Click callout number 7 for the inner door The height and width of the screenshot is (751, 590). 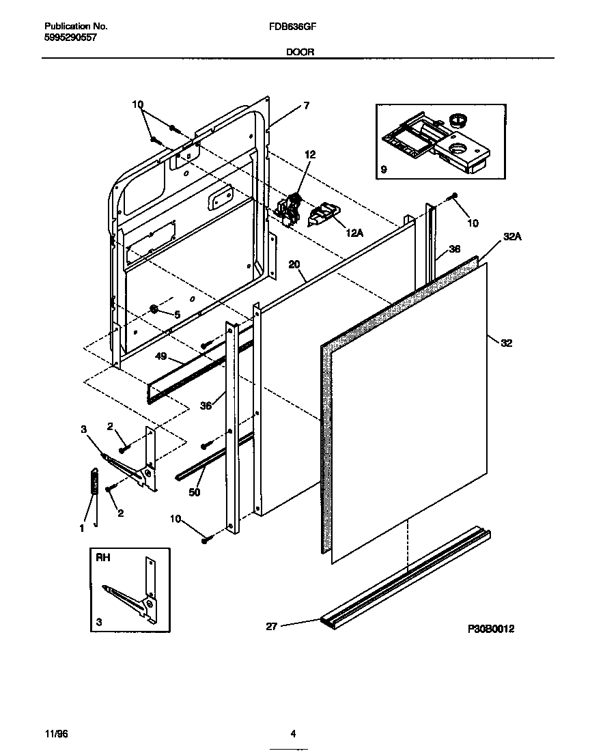point(307,105)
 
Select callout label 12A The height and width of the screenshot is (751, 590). point(354,233)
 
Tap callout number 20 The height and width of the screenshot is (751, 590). point(294,264)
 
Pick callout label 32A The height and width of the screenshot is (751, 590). point(512,237)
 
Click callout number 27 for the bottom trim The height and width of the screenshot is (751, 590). point(271,625)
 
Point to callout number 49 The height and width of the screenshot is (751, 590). point(161,356)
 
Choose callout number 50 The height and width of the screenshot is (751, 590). point(195,491)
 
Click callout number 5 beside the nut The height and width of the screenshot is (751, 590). point(177,315)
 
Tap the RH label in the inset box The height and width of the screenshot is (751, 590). point(103,557)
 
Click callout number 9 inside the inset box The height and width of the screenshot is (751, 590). point(384,169)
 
